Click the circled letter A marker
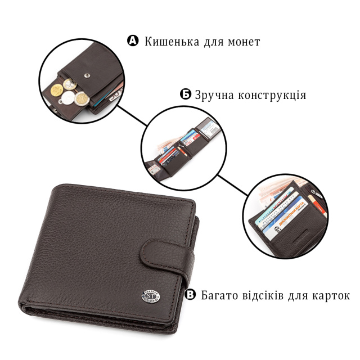point(133,40)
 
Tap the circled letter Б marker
point(185,94)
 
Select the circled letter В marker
point(190,294)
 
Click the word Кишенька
point(172,42)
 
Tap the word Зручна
point(214,95)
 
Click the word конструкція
point(272,95)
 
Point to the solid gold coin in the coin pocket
point(57,89)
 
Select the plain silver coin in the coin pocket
point(68,97)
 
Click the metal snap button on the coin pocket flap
point(87,75)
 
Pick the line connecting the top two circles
point(132,115)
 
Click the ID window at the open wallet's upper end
point(209,129)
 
